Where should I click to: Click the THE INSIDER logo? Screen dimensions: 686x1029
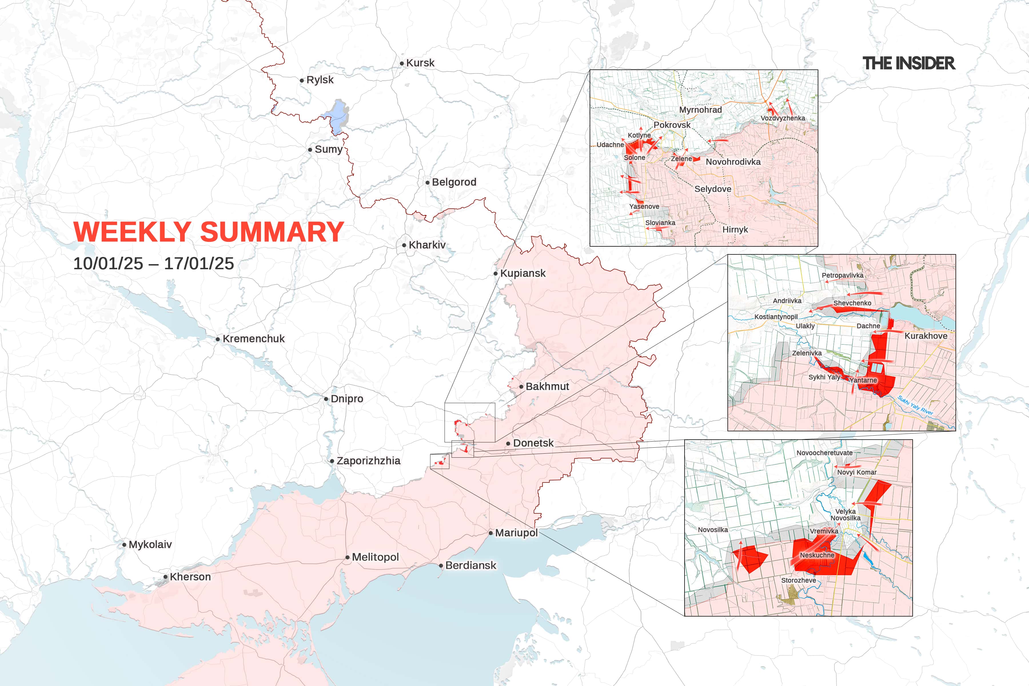[908, 63]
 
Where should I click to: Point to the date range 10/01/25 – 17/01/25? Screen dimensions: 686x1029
[153, 263]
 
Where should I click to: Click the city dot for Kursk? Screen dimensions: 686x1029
[402, 63]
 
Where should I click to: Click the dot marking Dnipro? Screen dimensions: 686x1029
[326, 399]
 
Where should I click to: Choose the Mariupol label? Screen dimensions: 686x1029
[516, 533]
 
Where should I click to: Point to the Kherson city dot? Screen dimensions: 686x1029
[165, 577]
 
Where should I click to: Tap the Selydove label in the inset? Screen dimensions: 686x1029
[713, 189]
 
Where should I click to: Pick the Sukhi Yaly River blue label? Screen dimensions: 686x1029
[915, 405]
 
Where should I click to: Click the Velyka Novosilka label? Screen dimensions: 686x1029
[845, 514]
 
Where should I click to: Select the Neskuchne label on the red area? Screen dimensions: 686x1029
[817, 555]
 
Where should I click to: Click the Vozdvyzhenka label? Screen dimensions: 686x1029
[782, 118]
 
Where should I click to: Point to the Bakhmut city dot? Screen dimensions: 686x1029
[521, 387]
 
